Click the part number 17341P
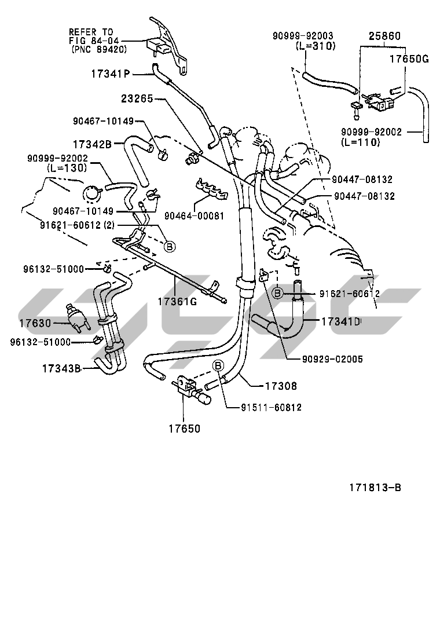(111, 74)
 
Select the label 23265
(137, 99)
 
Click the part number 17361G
(178, 301)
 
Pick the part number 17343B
(61, 367)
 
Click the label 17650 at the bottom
(184, 429)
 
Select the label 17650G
(408, 59)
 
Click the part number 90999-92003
(303, 36)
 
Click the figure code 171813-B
(375, 487)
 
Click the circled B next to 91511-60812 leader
(218, 365)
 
